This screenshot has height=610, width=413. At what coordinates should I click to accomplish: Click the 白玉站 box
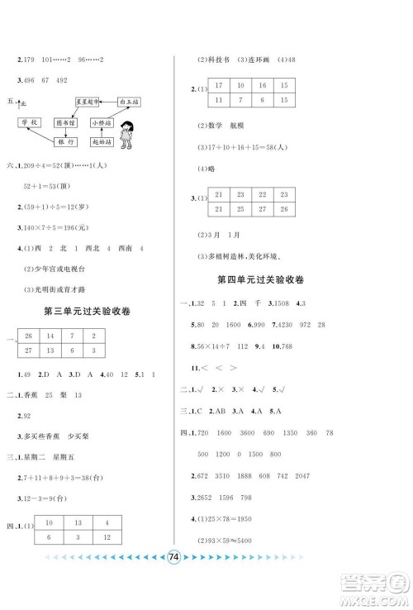coord(134,101)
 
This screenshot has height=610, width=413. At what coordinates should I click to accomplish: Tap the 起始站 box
coord(105,142)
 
